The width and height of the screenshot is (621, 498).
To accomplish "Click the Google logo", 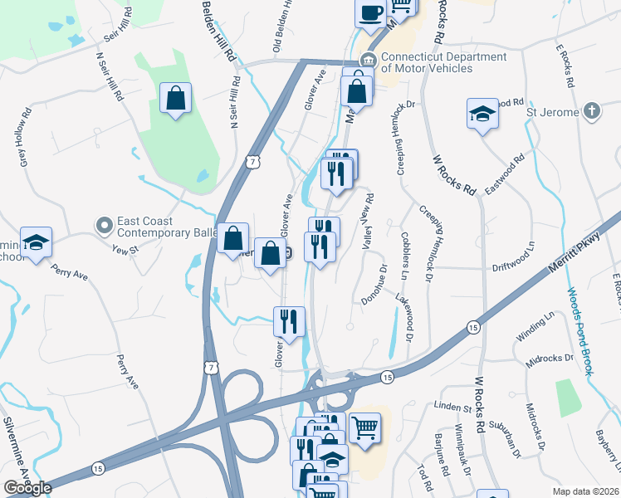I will coord(27,488).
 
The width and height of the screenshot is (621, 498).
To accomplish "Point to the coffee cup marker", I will coord(370,13).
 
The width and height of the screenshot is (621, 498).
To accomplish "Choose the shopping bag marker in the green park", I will coord(176,98).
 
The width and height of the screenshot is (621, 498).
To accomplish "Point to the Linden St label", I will coord(452,408).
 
